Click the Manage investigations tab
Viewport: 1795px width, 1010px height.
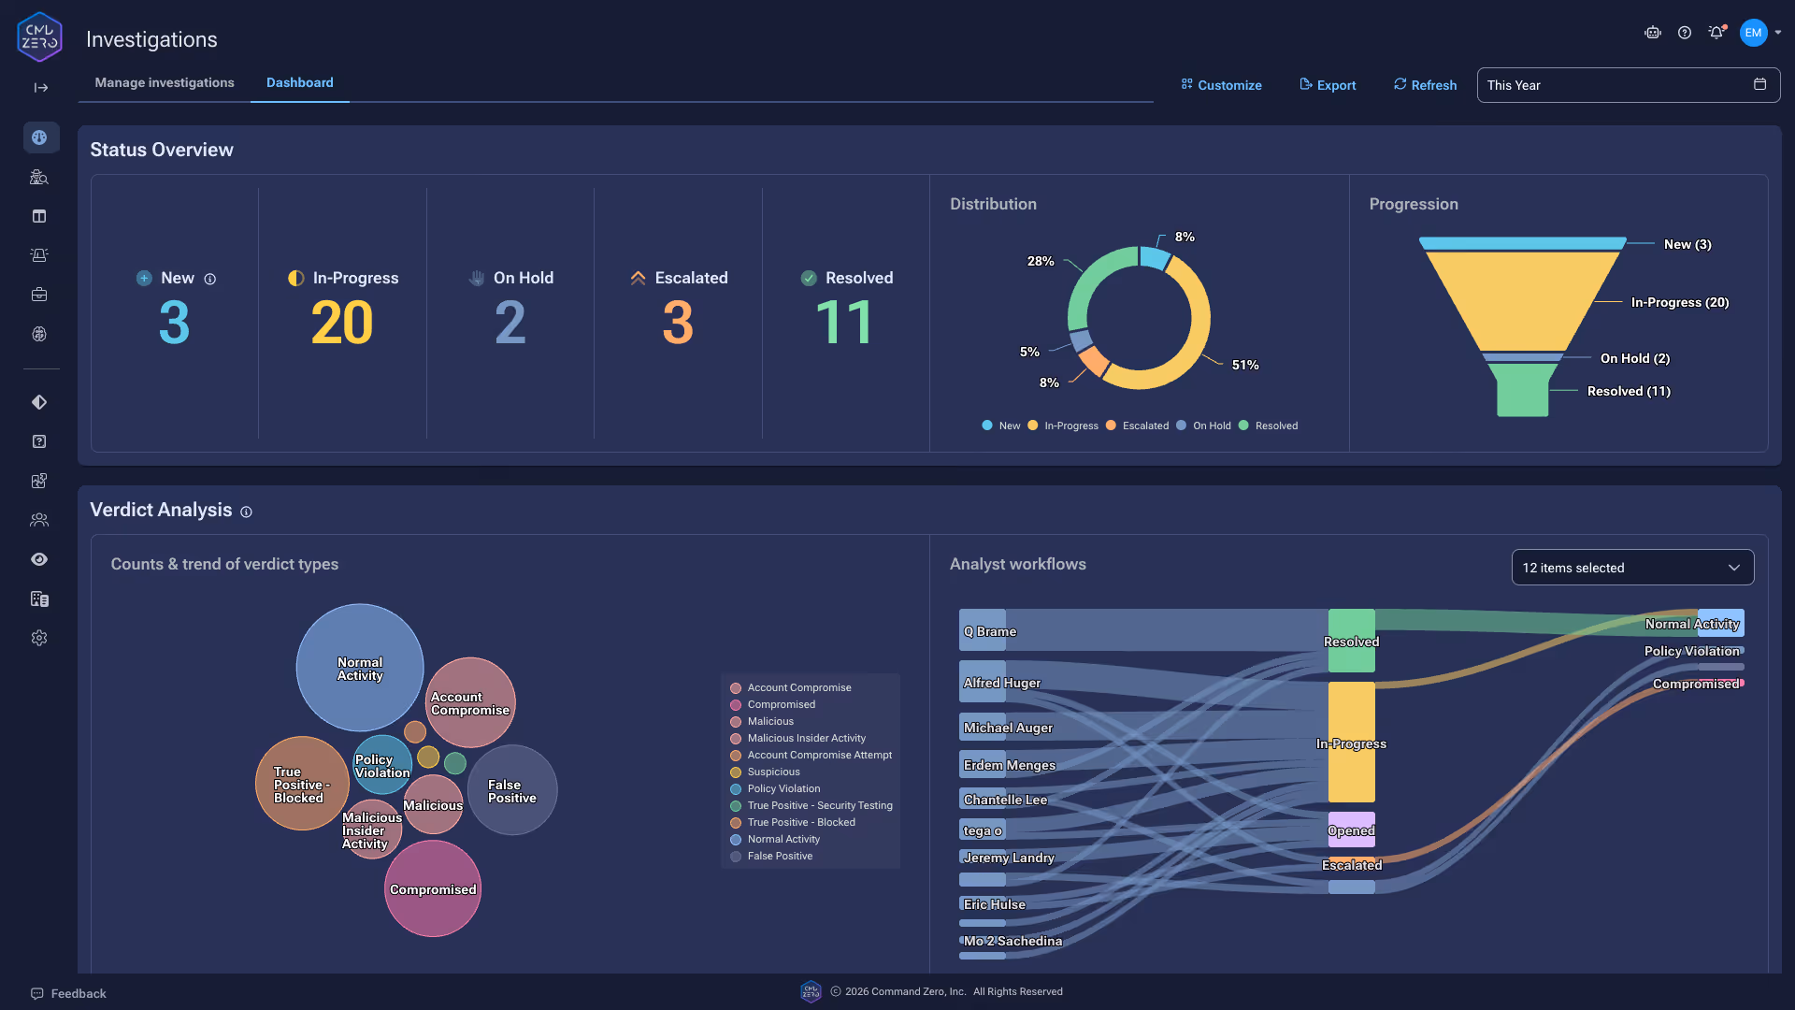[165, 82]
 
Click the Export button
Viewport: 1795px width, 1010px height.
[1328, 85]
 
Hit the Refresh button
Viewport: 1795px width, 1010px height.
[1425, 85]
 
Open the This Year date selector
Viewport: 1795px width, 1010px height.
[1627, 85]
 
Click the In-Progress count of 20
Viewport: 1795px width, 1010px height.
[342, 323]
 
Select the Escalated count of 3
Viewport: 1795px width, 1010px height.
[678, 323]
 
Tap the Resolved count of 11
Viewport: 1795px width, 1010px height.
[845, 323]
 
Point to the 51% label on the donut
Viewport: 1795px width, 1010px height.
[1244, 365]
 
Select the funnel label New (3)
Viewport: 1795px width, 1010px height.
[1687, 244]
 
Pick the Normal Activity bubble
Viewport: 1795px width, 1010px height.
[360, 668]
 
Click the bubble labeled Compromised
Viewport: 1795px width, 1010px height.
[433, 889]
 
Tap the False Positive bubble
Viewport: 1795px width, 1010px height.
[512, 791]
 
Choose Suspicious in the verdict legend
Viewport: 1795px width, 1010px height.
[773, 772]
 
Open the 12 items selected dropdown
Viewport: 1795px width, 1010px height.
[1631, 568]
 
